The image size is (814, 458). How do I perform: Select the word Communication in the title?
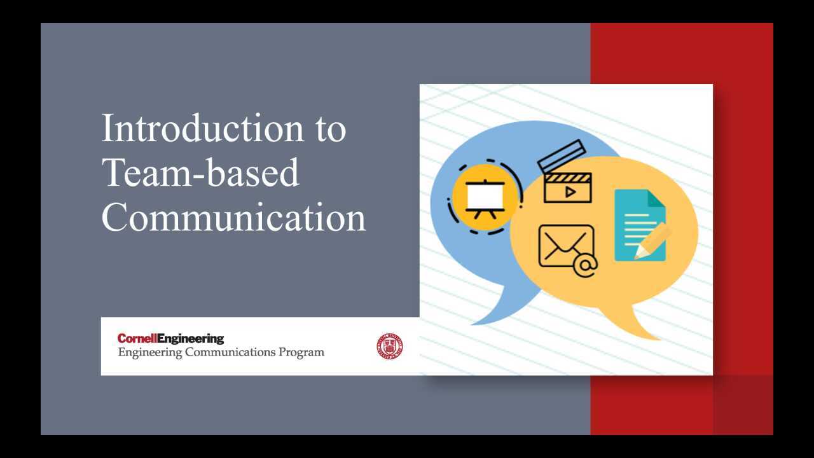(233, 217)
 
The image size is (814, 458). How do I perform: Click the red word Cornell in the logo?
(137, 338)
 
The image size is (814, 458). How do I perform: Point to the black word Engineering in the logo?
(191, 339)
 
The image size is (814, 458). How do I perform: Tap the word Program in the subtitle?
(301, 352)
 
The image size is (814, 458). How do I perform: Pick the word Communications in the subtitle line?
(230, 352)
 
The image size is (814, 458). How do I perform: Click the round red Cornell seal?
(390, 346)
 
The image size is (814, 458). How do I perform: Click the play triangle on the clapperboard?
(570, 191)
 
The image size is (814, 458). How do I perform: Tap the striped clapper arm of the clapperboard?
(562, 156)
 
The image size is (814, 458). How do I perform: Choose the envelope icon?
(566, 246)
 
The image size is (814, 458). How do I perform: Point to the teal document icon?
(640, 225)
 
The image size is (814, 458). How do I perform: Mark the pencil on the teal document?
(653, 241)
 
